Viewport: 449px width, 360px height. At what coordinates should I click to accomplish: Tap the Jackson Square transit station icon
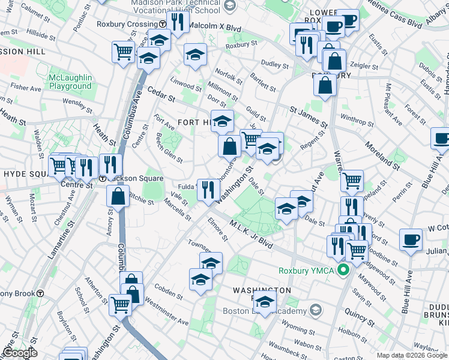point(103,179)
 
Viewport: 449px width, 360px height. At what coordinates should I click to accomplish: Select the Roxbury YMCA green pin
point(343,270)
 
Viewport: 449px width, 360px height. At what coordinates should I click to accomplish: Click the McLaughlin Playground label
point(70,82)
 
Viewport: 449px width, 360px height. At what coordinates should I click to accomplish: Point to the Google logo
point(20,353)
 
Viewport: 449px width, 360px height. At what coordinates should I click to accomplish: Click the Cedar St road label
point(161,95)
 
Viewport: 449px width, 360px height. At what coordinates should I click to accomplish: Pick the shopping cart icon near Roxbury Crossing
point(123,52)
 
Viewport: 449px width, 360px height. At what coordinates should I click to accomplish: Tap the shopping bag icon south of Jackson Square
point(118,196)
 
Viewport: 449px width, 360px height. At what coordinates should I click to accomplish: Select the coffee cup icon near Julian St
point(411,240)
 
